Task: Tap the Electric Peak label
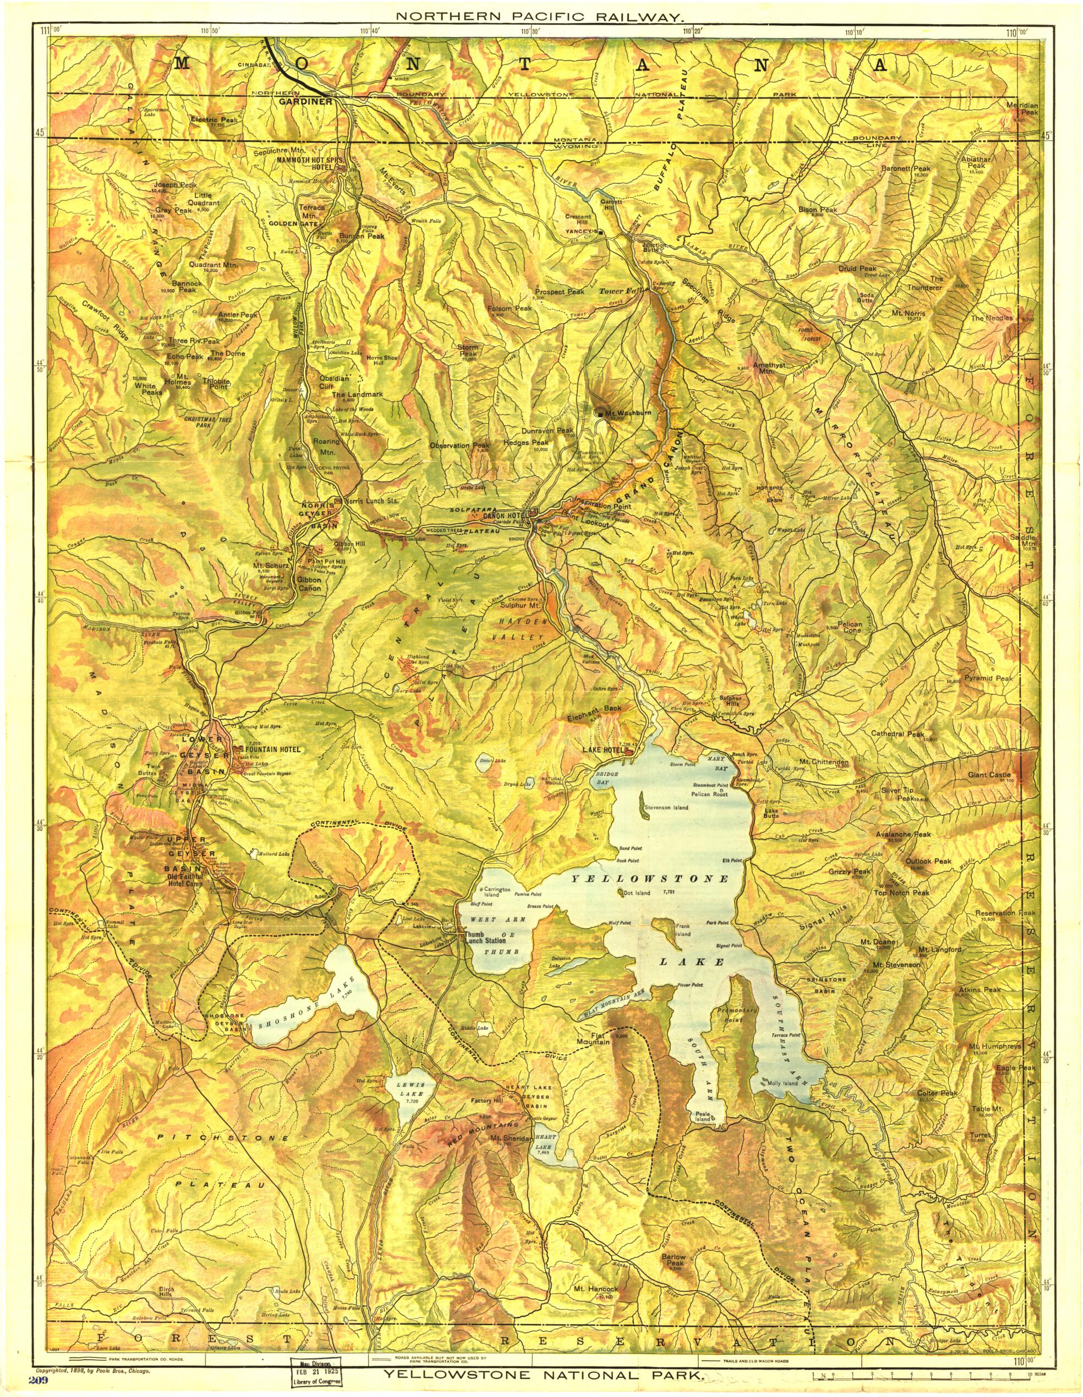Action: click(213, 119)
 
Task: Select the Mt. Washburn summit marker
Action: click(600, 413)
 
